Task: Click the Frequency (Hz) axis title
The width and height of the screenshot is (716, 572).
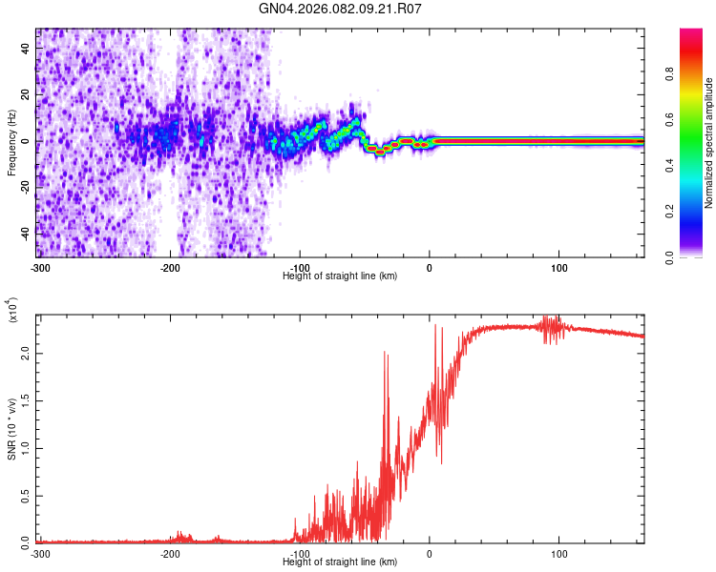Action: pos(11,142)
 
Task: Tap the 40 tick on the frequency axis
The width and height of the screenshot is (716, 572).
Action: pos(26,49)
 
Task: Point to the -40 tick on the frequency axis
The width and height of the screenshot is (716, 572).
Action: pos(26,233)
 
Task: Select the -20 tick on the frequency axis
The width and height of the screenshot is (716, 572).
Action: pos(26,187)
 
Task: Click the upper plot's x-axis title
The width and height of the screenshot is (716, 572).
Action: pos(340,276)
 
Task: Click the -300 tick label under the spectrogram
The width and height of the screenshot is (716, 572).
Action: pos(40,266)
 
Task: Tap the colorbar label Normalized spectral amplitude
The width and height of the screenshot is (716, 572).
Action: pos(708,143)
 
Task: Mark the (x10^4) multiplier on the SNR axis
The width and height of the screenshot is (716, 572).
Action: pos(12,309)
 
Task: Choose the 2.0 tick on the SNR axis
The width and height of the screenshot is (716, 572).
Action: pos(26,352)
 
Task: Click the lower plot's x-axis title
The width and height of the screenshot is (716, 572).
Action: pos(340,562)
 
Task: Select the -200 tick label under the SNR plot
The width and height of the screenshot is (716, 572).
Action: pos(170,552)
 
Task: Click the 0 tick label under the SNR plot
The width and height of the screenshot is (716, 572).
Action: pos(429,552)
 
